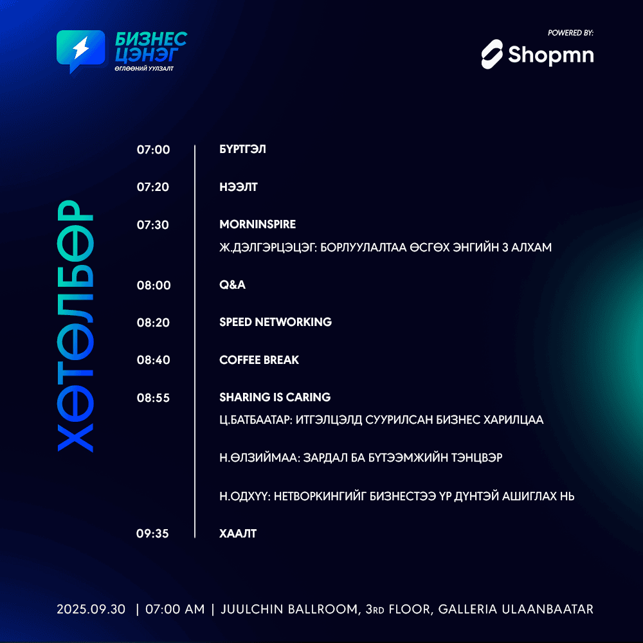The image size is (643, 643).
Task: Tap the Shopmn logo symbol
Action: tap(492, 54)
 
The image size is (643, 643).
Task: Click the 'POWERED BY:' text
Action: tap(570, 33)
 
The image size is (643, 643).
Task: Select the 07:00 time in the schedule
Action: tap(154, 150)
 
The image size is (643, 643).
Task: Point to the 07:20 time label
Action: tap(153, 187)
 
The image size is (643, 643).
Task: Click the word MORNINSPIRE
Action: tap(258, 224)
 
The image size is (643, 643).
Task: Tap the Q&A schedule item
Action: tap(233, 285)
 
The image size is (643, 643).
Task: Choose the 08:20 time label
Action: tap(154, 323)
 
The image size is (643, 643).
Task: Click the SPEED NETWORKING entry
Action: tap(276, 322)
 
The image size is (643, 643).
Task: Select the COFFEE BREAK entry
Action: tap(259, 359)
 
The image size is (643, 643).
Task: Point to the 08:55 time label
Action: tap(154, 398)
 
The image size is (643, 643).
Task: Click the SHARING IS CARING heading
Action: tap(275, 397)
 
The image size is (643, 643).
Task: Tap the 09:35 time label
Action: tap(152, 534)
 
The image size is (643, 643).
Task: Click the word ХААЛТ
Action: tap(238, 534)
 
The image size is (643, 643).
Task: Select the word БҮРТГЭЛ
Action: tap(243, 149)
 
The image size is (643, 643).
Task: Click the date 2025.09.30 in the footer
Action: tap(91, 610)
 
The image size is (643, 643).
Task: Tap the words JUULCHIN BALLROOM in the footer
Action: tap(289, 610)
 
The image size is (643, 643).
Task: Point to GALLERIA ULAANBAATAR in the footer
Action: tap(516, 610)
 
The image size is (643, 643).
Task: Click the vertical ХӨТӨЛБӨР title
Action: tap(75, 326)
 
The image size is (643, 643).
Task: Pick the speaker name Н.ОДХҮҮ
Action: tap(245, 496)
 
